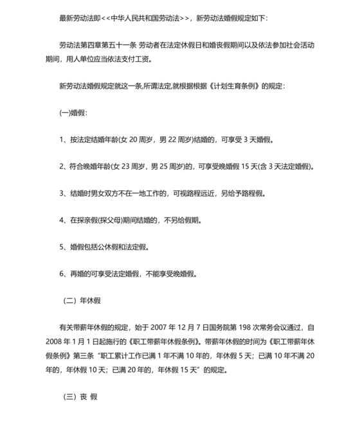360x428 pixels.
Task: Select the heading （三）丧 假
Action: [x=78, y=396]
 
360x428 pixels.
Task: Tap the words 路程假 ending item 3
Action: [x=250, y=193]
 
